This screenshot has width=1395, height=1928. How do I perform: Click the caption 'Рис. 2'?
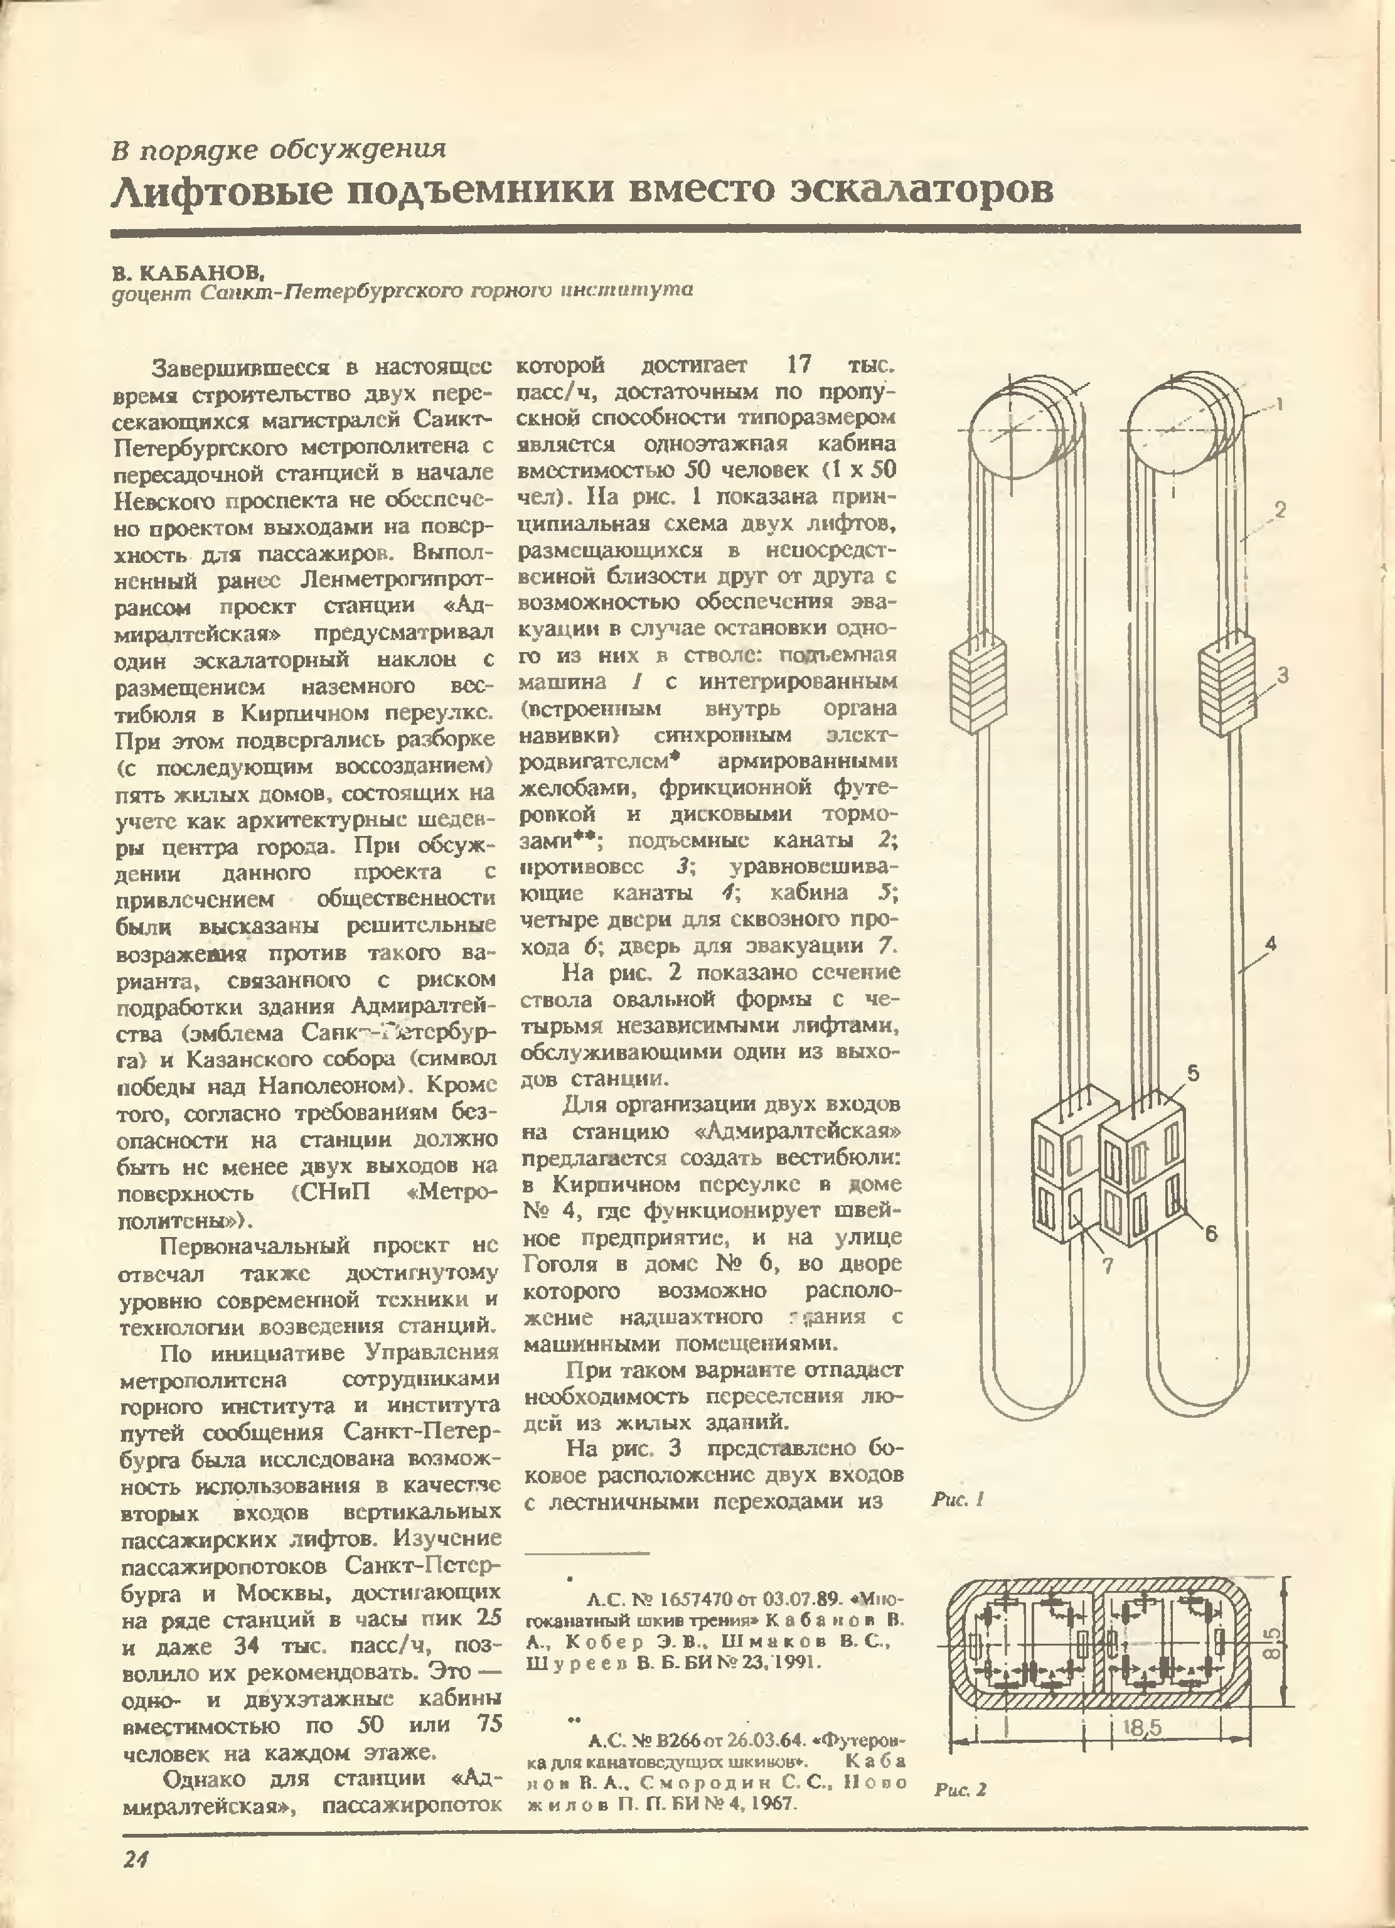pyautogui.click(x=959, y=1789)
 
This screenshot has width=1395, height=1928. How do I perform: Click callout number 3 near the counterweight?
pyautogui.click(x=1283, y=676)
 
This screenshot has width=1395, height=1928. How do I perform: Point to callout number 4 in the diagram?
pyautogui.click(x=1270, y=943)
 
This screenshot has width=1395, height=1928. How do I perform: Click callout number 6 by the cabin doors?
pyautogui.click(x=1211, y=1233)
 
